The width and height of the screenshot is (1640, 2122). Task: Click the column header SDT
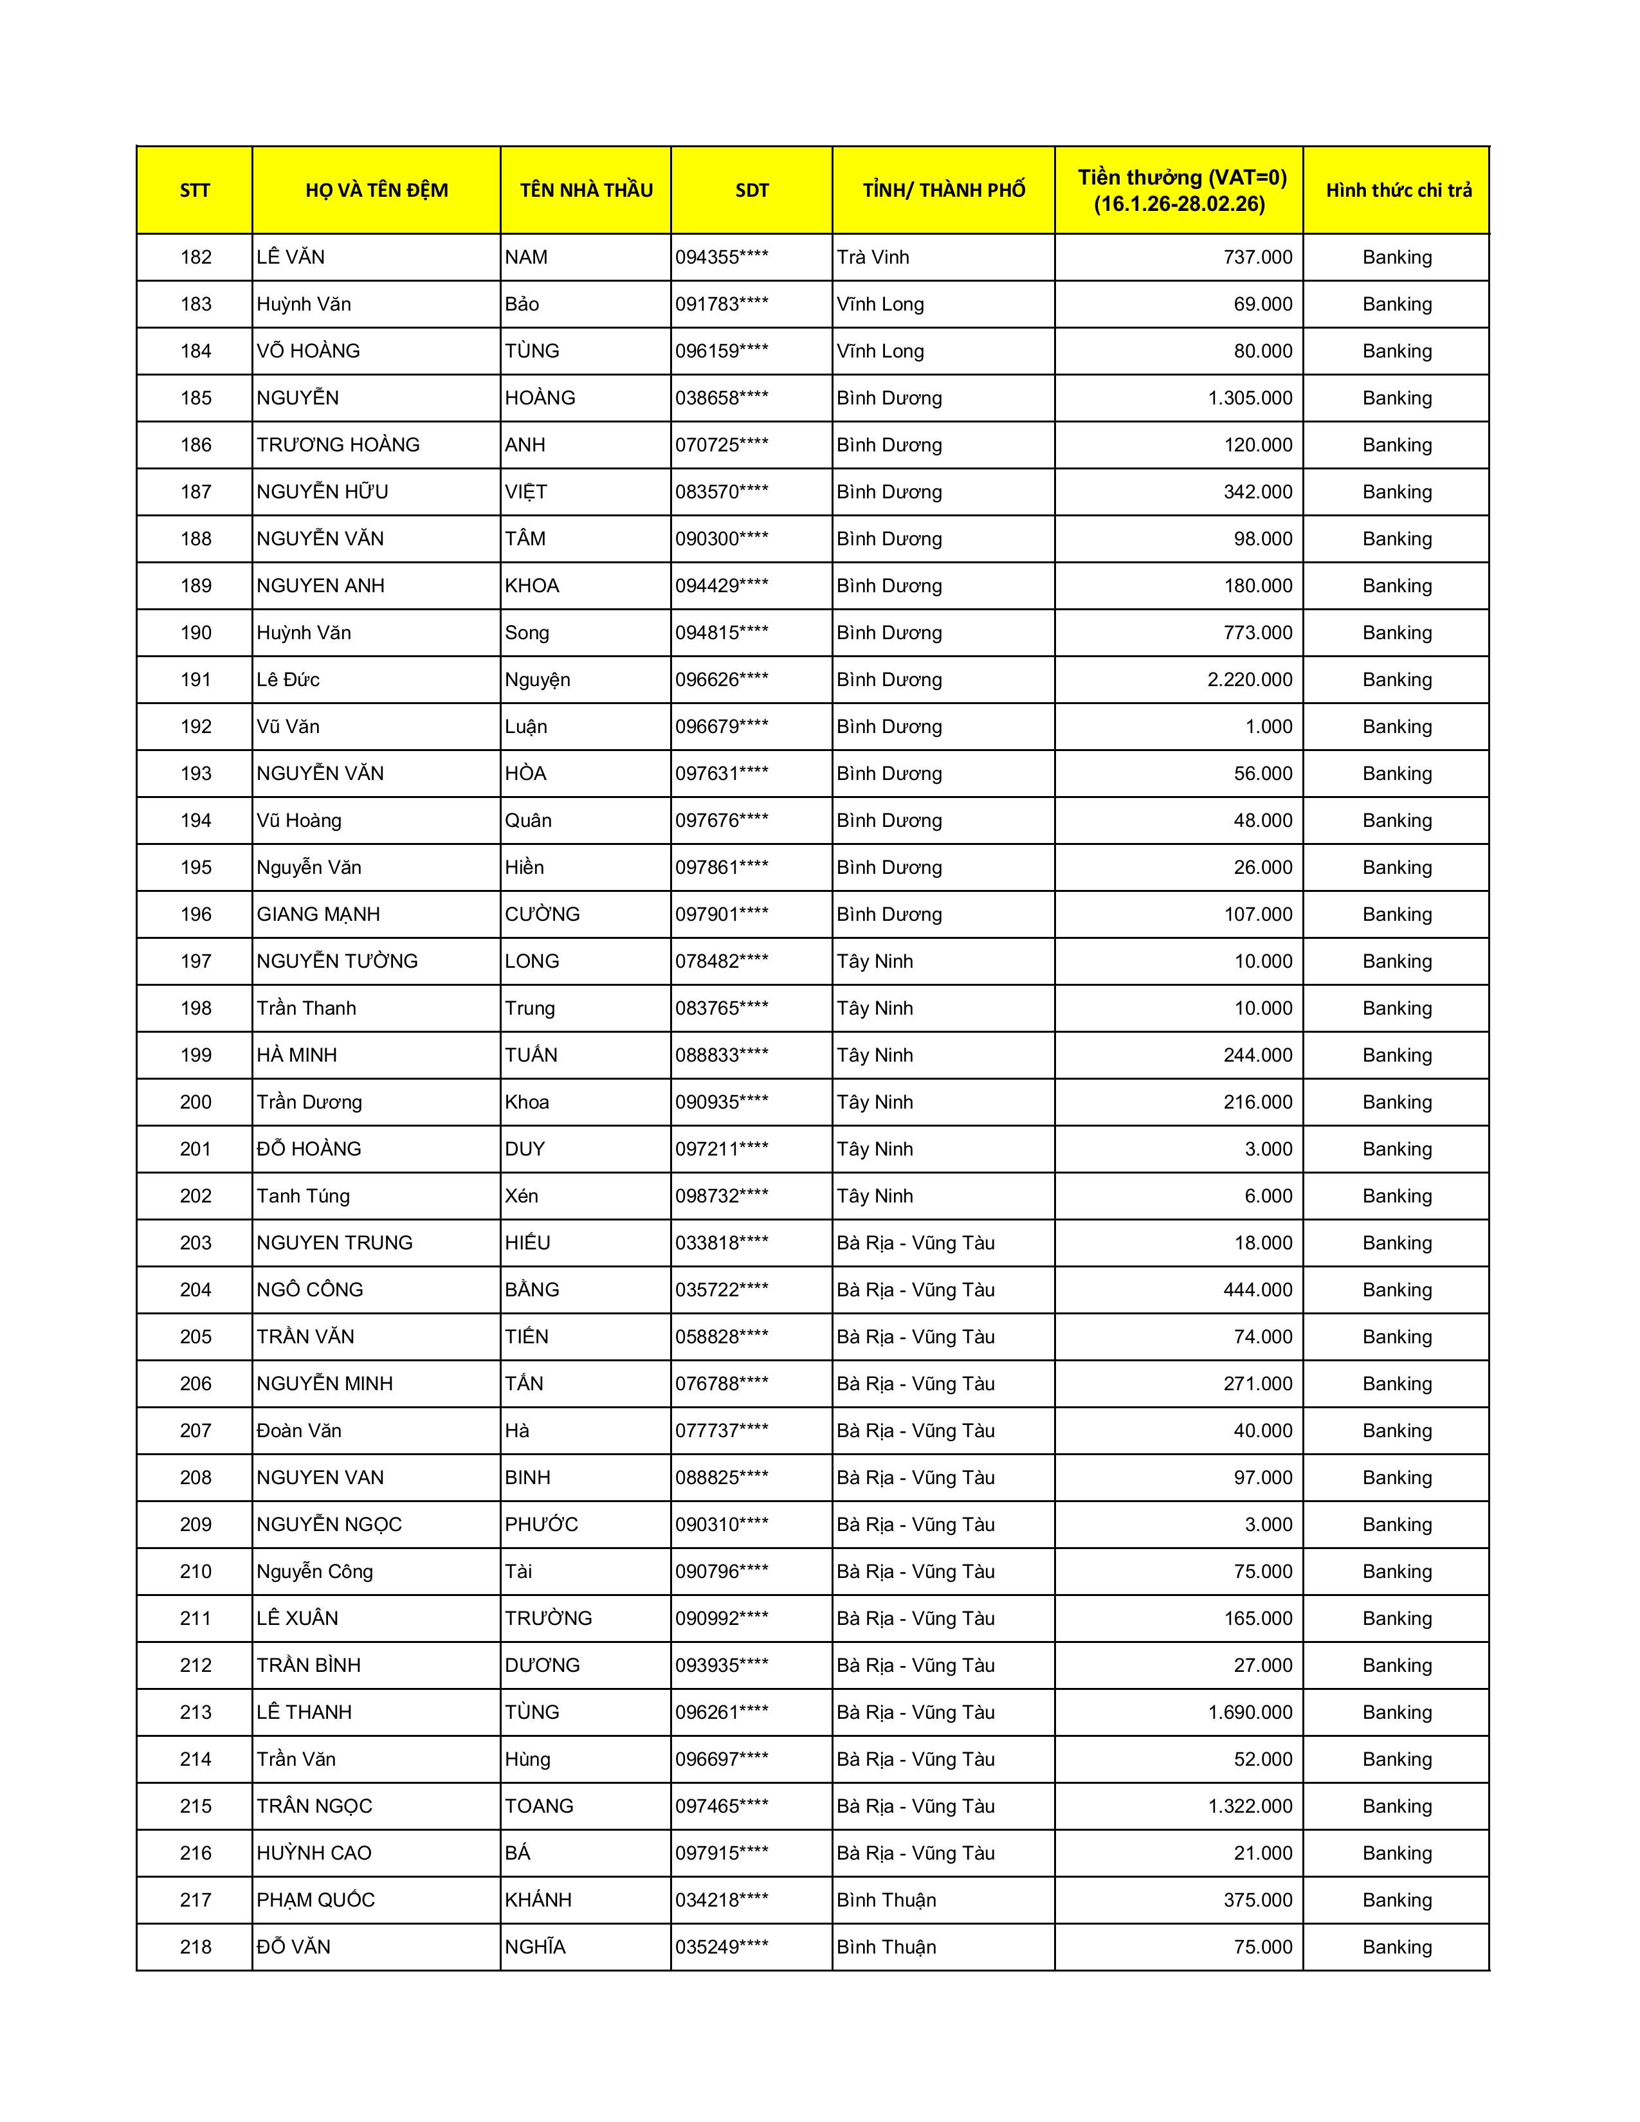coord(751,190)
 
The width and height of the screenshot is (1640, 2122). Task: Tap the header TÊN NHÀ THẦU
coord(586,190)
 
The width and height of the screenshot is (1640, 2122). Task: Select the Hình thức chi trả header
coord(1397,190)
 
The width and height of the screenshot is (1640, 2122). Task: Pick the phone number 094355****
coord(722,257)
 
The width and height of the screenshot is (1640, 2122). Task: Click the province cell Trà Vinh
coord(873,257)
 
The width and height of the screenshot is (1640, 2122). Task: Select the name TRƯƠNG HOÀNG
coord(338,445)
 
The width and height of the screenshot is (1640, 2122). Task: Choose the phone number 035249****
coord(722,1947)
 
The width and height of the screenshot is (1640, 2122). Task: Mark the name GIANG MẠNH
coord(318,914)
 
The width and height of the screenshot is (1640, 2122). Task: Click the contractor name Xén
coord(522,1196)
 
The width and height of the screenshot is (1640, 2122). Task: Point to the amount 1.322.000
coord(1250,1806)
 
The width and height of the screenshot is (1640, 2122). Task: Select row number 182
coord(196,257)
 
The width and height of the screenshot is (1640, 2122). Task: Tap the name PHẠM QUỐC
coord(316,1900)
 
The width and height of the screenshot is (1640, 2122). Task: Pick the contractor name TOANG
coord(539,1806)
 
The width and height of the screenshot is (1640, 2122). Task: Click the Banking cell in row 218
coord(1397,1947)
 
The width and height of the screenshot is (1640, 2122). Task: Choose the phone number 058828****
coord(722,1337)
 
